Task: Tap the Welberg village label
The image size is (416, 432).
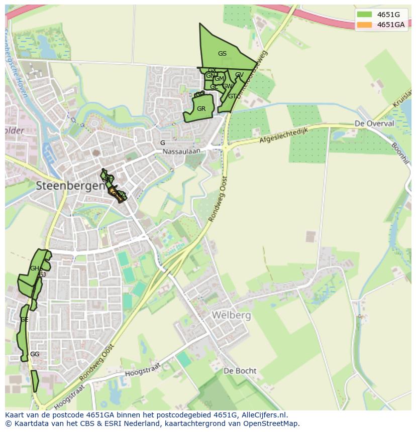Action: point(231,316)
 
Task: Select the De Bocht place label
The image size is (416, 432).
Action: point(240,371)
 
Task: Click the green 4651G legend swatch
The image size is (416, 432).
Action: point(365,15)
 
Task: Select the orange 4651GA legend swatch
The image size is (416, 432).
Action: point(365,25)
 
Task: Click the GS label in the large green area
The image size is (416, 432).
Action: point(222,54)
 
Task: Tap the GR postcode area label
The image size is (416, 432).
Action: point(201,109)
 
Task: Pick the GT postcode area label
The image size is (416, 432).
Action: point(232,96)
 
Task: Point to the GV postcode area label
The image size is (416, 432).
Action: point(239,75)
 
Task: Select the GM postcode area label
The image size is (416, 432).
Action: point(219,79)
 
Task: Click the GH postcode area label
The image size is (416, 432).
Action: point(34,268)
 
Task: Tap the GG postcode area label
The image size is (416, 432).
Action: point(35,354)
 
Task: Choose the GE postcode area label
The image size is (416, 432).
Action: point(24,320)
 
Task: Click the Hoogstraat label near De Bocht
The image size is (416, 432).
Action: point(142,370)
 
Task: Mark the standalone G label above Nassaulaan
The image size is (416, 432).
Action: point(162,143)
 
